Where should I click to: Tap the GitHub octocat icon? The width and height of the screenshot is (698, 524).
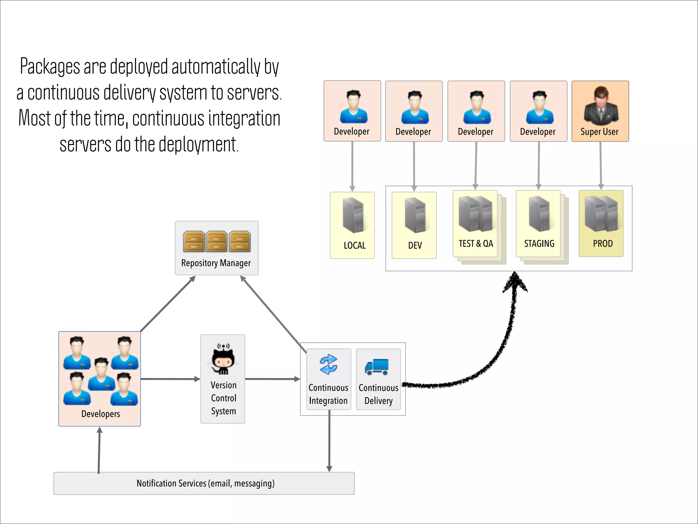(223, 360)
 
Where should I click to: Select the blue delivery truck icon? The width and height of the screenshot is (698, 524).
(377, 367)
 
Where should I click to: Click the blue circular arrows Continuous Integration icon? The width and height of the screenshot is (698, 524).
(329, 364)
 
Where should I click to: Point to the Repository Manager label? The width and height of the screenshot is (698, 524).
(216, 263)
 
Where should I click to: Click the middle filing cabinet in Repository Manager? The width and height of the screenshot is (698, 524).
(216, 242)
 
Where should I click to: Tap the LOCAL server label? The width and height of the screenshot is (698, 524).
(354, 246)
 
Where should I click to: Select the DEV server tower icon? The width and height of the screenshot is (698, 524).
(415, 215)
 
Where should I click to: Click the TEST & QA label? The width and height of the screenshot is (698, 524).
(476, 244)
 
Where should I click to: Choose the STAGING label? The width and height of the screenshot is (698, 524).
(539, 244)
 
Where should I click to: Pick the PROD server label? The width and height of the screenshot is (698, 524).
(603, 244)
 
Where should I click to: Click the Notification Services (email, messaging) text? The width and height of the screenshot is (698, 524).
(206, 483)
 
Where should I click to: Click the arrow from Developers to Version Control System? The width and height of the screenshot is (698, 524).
(170, 379)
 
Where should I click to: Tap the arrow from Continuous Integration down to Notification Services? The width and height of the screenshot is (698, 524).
(329, 443)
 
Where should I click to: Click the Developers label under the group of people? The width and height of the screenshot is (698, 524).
(101, 414)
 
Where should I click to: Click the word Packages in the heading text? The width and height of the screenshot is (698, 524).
(50, 67)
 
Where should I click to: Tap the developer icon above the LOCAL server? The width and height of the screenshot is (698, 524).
(353, 106)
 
